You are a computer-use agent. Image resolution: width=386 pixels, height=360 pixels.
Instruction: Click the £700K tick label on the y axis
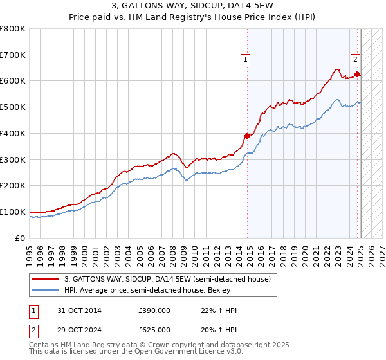click(13, 55)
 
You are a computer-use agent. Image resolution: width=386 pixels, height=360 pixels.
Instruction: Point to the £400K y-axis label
click(13, 133)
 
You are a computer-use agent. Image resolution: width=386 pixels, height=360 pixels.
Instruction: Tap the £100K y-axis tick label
click(13, 212)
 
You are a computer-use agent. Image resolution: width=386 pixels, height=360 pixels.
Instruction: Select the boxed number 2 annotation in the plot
click(355, 60)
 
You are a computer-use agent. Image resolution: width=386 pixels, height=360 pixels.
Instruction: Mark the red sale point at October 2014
click(248, 136)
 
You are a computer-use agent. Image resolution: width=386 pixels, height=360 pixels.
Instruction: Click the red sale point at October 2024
click(358, 75)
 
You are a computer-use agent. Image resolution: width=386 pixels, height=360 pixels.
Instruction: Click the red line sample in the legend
click(46, 279)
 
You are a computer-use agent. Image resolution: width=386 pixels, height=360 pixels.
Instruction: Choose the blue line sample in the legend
click(46, 290)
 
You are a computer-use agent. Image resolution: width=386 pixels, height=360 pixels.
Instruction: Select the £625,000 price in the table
click(154, 329)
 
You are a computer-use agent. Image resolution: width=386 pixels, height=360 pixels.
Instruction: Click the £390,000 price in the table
click(154, 310)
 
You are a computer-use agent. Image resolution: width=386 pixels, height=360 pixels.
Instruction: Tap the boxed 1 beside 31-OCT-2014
click(33, 310)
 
